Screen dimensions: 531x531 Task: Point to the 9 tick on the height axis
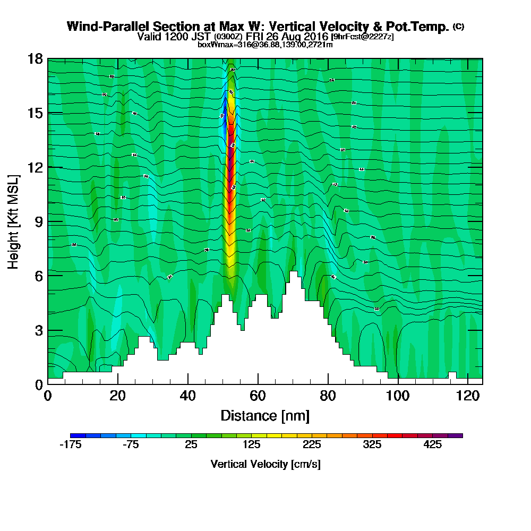coord(38,221)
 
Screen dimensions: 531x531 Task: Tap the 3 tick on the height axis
coord(38,330)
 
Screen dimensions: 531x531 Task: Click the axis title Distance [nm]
coord(265,415)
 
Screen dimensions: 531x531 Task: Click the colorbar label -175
coord(70,445)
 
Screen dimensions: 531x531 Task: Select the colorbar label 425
coord(433,445)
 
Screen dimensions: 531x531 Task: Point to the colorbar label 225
coord(312,445)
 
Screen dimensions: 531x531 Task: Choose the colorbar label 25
coord(191,445)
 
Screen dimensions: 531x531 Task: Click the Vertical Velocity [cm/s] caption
coord(265,464)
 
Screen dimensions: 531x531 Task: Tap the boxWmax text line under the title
coord(265,45)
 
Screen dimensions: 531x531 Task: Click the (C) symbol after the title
coord(458,27)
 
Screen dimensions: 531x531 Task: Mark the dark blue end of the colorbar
coord(74,435)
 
